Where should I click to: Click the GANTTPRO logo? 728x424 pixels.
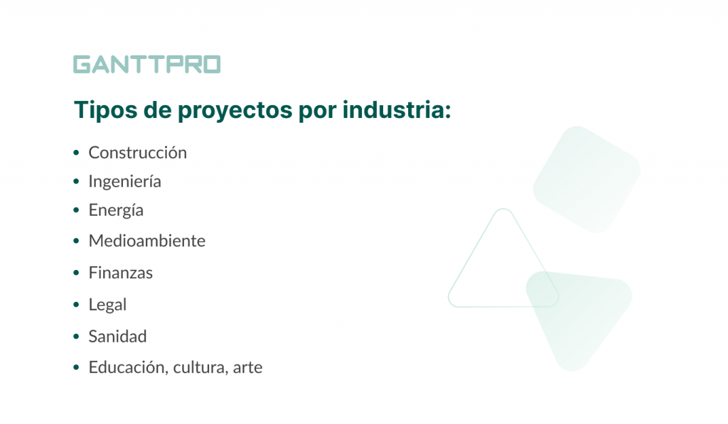click(x=146, y=65)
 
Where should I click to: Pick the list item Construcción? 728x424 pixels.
click(x=137, y=153)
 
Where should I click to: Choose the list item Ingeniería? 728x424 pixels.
click(x=124, y=182)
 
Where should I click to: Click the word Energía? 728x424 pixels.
click(x=116, y=211)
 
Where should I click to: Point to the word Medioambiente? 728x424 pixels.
click(x=146, y=241)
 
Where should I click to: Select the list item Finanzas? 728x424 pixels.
click(x=120, y=273)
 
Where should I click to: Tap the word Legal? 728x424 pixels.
click(x=107, y=305)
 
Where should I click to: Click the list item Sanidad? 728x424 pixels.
click(x=117, y=336)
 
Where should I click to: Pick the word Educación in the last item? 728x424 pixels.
click(x=128, y=368)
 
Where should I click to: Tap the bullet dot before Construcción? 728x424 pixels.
click(x=76, y=153)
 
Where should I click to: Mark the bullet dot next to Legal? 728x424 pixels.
click(x=76, y=305)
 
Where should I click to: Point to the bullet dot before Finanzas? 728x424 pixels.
click(x=76, y=273)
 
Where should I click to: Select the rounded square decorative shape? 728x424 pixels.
click(x=587, y=179)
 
